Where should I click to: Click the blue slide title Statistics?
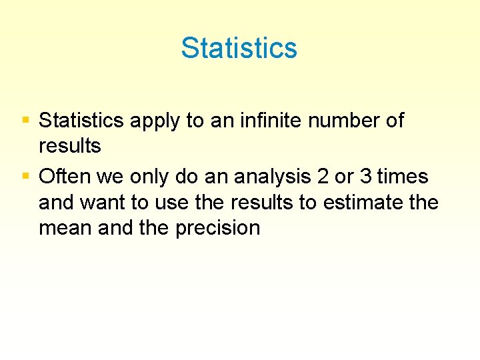coord(239,48)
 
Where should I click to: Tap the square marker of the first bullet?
coord(25,121)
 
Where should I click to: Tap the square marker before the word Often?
coord(25,176)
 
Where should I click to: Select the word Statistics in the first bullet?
coord(81,121)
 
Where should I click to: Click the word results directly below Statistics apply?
coord(70,147)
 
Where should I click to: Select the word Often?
coord(65,177)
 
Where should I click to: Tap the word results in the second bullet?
coord(270,203)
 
